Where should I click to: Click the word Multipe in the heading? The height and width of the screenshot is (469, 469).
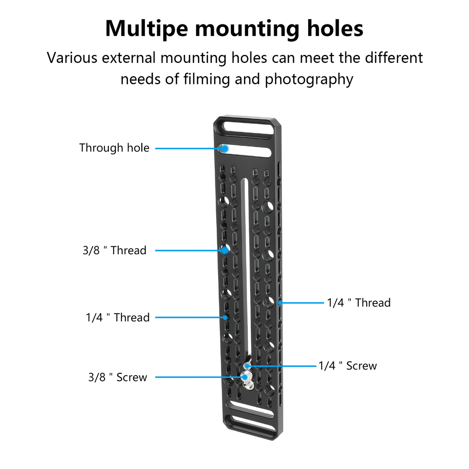pyautogui.click(x=146, y=29)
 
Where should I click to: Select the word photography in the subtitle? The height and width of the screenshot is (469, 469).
pyautogui.click(x=309, y=80)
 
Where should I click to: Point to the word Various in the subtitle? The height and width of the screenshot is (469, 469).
pyautogui.click(x=72, y=58)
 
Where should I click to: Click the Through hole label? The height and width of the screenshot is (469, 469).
pyautogui.click(x=114, y=148)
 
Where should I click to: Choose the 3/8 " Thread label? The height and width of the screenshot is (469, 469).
pyautogui.click(x=114, y=250)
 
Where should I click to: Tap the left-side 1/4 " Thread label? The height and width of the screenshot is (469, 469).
pyautogui.click(x=118, y=318)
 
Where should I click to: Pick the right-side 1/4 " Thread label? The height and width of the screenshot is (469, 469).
pyautogui.click(x=359, y=303)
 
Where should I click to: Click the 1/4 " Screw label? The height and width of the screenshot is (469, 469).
pyautogui.click(x=348, y=366)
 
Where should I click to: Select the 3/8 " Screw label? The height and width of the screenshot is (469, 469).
pyautogui.click(x=118, y=377)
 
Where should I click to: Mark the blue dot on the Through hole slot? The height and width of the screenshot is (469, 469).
pyautogui.click(x=225, y=148)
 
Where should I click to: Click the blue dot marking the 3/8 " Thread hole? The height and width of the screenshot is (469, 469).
pyautogui.click(x=225, y=250)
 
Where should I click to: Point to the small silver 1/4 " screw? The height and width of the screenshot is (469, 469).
pyautogui.click(x=247, y=366)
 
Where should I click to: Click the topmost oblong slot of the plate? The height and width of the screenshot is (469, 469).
pyautogui.click(x=247, y=128)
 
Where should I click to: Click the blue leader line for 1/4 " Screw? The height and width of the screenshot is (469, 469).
pyautogui.click(x=281, y=366)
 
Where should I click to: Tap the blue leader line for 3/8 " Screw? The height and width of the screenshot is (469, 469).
pyautogui.click(x=200, y=377)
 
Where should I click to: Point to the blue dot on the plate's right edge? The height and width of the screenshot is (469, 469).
pyautogui.click(x=280, y=303)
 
